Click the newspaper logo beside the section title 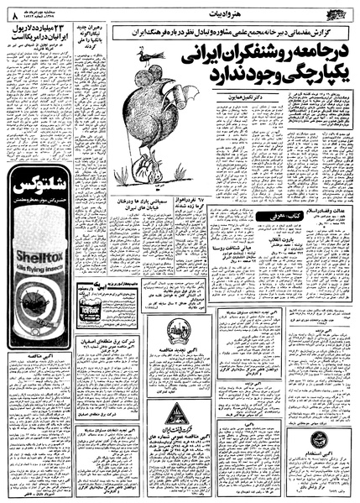(x=337, y=11)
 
